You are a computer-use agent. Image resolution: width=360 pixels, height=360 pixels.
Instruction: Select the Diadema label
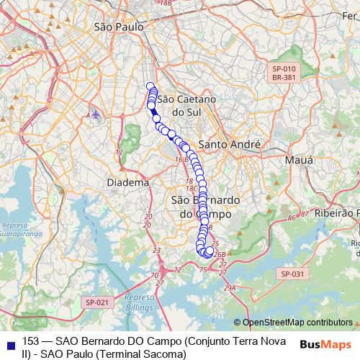coord(127,183)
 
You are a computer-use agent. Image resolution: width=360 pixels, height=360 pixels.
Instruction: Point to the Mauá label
coord(299,159)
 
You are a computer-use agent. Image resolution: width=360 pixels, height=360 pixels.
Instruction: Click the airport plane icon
coord(96,114)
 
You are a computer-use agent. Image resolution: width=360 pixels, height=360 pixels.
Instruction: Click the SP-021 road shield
coord(94,303)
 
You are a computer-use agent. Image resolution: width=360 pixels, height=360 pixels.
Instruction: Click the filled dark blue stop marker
coord(155,112)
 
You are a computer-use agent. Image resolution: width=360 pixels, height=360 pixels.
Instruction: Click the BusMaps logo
coord(323,343)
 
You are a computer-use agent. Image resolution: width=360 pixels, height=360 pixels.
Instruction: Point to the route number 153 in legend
coord(31,341)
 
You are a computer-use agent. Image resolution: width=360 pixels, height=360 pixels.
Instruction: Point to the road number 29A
coord(230,288)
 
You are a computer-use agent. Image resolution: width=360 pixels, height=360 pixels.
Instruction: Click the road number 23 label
coord(156,251)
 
